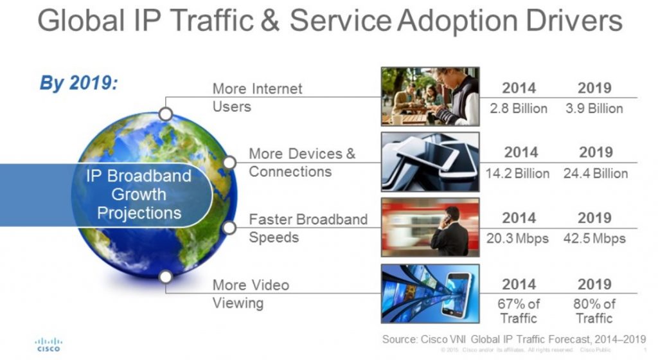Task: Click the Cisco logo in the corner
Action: pos(48,343)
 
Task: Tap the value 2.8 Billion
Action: pos(519,108)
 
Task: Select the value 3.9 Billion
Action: pos(594,108)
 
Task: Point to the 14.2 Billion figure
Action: pos(518,174)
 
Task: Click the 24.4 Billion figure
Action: pos(595,174)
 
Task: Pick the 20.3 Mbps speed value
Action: pos(518,239)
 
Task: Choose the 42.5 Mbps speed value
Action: pos(595,239)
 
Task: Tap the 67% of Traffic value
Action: pos(519,310)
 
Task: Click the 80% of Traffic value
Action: pos(594,310)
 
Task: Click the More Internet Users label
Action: pos(257,97)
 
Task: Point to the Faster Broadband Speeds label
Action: pos(308,228)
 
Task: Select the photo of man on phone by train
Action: pos(430,228)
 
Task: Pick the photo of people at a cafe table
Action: pos(430,96)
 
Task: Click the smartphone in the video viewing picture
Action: pos(458,292)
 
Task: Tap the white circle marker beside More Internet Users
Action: pos(166,114)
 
